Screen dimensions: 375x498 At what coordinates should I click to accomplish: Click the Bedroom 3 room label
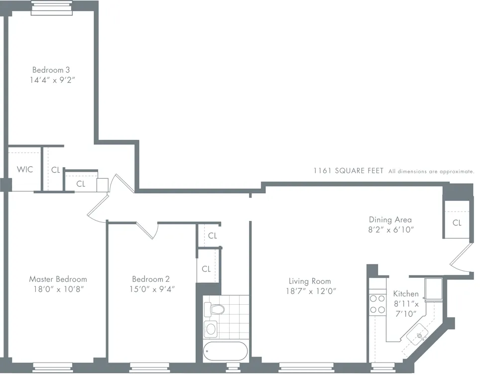pyautogui.click(x=51, y=70)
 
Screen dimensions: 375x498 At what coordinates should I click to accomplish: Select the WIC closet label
pyautogui.click(x=25, y=170)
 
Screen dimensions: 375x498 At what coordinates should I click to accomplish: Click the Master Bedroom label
pyautogui.click(x=58, y=279)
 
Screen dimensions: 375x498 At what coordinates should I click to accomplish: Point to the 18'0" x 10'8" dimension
pyautogui.click(x=58, y=289)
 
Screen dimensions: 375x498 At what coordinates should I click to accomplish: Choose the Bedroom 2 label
pyautogui.click(x=151, y=279)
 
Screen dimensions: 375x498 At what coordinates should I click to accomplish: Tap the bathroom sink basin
pyautogui.click(x=211, y=329)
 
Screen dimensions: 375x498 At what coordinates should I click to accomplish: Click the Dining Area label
pyautogui.click(x=390, y=220)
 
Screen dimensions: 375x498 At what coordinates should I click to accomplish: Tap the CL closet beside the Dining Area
pyautogui.click(x=457, y=223)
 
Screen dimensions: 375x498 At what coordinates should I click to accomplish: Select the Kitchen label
pyautogui.click(x=406, y=294)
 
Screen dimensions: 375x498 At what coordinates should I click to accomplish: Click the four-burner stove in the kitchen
pyautogui.click(x=377, y=304)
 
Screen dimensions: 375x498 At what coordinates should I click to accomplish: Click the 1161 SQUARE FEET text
pyautogui.click(x=348, y=171)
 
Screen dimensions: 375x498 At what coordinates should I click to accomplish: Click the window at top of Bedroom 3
pyautogui.click(x=52, y=7)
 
